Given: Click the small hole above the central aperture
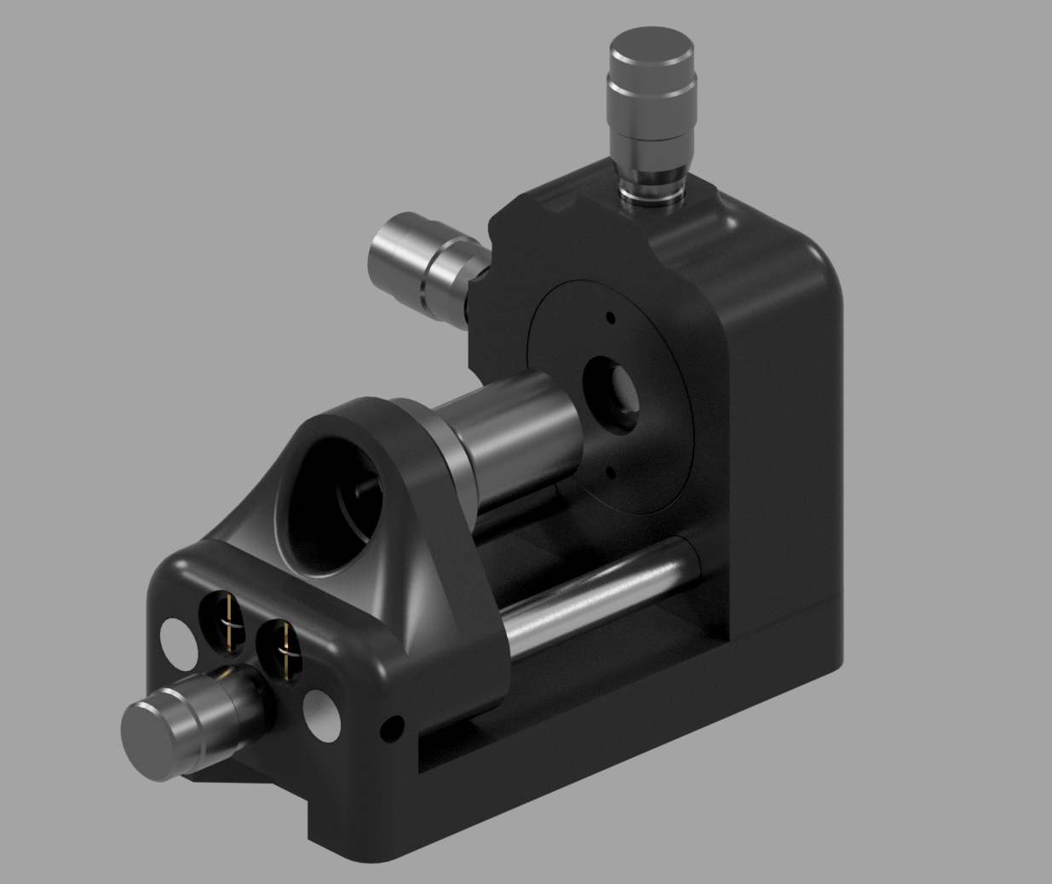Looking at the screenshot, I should click(610, 318).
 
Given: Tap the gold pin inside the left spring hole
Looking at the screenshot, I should click(228, 620).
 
